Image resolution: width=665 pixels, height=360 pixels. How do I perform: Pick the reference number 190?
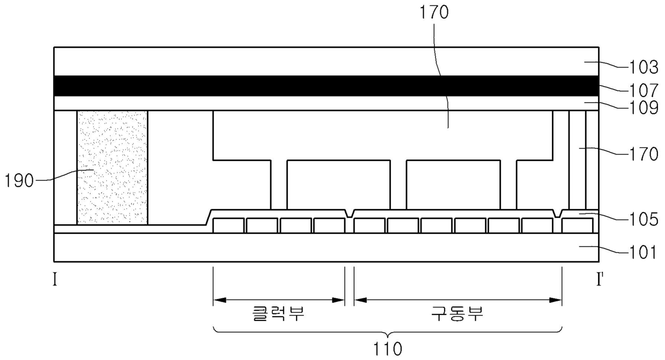point(19,181)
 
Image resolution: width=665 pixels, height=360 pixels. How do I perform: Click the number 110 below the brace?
point(387,349)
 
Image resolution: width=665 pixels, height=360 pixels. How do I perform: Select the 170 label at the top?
point(438,12)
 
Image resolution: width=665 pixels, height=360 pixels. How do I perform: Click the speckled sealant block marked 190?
point(112,167)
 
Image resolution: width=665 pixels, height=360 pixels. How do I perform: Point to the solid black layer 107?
point(322,86)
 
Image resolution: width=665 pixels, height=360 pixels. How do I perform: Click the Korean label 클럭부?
point(278,313)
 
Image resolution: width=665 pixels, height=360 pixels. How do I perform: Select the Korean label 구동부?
point(457,313)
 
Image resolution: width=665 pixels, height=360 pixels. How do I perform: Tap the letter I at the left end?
point(55,279)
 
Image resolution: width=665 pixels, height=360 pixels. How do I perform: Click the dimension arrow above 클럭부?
point(278,300)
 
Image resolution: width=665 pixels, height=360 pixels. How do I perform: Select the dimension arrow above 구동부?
point(458,300)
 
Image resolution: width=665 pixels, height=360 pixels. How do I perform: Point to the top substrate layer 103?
point(322,62)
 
